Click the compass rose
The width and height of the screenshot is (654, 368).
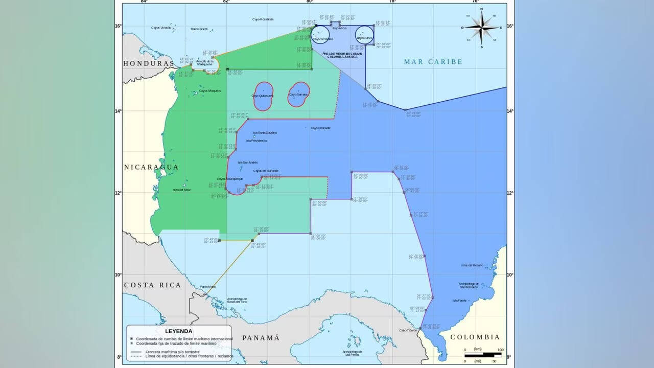481,28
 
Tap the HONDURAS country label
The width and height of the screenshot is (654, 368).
148,63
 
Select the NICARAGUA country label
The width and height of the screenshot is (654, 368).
151,167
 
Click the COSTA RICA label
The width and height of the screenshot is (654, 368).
153,285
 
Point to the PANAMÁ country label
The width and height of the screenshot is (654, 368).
261,338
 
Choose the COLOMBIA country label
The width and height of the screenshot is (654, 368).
475,337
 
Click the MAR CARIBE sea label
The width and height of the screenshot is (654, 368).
433,62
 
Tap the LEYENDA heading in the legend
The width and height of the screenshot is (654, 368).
179,331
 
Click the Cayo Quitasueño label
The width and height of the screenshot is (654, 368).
263,96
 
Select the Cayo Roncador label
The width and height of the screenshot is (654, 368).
320,128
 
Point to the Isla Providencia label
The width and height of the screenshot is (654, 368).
256,141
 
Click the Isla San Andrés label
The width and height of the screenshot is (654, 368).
247,163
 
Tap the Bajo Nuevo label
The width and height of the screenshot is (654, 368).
364,38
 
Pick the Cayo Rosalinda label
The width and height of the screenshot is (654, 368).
263,19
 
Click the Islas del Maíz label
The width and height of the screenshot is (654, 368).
181,190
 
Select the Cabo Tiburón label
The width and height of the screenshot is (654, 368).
408,330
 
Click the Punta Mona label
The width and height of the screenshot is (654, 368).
207,287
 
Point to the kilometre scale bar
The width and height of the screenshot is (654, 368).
482,354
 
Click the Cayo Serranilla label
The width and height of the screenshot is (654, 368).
323,39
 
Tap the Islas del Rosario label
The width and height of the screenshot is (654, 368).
472,265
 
